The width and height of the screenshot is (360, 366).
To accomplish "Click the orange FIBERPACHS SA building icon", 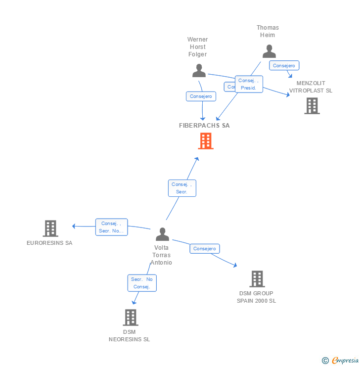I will (x=206, y=141).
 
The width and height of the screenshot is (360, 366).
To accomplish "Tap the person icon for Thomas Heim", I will (x=269, y=51).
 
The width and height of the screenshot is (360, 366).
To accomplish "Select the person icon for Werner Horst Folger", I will (x=199, y=71).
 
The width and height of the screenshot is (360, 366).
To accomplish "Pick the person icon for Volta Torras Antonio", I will (x=162, y=234).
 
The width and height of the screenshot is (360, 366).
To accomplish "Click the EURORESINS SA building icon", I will (x=50, y=229).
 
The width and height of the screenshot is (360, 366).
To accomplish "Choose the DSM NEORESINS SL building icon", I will (x=130, y=317).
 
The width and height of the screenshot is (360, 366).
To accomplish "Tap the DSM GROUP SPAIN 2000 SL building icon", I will (x=257, y=279).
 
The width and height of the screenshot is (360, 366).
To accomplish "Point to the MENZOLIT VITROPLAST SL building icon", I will (x=312, y=105).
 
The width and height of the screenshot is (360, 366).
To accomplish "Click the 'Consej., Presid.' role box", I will (x=249, y=84).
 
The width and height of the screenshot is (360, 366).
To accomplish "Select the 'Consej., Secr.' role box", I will (x=182, y=188).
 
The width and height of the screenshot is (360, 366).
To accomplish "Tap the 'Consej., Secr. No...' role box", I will (x=111, y=227).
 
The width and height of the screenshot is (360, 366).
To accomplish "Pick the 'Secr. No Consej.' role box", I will (x=142, y=283).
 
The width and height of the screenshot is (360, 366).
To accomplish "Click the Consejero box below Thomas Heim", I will (x=284, y=65).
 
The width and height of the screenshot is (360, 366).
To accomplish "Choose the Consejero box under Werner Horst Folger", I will (x=201, y=96).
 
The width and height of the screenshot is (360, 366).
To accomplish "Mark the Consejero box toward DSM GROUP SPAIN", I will (x=205, y=249).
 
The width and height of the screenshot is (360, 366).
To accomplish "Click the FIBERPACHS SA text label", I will (x=204, y=126).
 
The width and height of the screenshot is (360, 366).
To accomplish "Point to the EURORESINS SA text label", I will (x=49, y=243).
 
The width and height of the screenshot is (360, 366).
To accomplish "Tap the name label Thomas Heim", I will (x=268, y=31).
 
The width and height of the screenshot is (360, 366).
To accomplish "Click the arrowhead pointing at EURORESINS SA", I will (x=74, y=226).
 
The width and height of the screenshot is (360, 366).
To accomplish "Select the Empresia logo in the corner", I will (x=341, y=361).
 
